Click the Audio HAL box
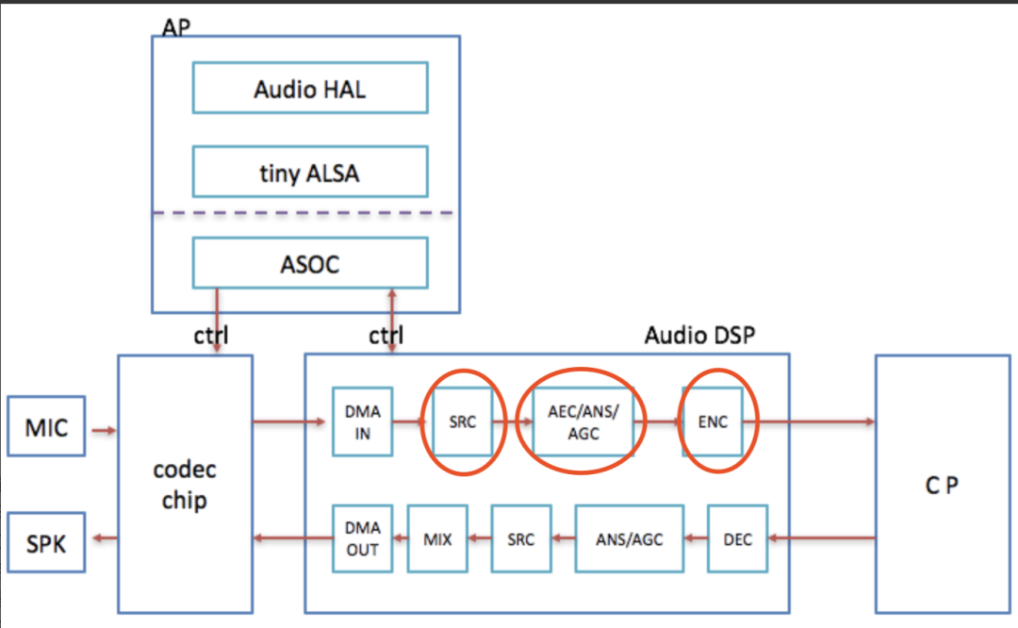pos(310,89)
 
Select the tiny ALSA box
pos(310,172)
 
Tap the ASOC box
pos(310,263)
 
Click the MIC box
pos(46,427)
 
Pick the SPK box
pos(46,542)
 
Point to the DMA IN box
pos(363,421)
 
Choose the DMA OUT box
pos(363,539)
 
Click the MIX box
pos(437,539)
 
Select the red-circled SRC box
pos(462,421)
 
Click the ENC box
pos(714,421)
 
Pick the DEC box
pos(737,539)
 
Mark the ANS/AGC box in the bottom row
pos(630,539)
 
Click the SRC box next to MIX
pos(520,539)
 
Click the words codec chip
pos(184,485)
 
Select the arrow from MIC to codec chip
pos(102,430)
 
